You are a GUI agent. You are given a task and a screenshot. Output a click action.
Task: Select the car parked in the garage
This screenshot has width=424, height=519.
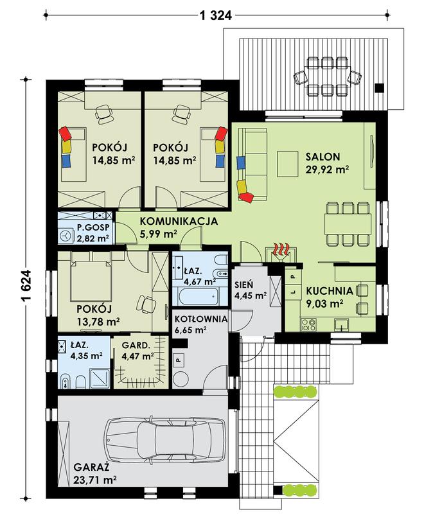pos(165,442)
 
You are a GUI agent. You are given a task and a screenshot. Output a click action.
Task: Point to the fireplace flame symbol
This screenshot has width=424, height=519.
pos(279,250)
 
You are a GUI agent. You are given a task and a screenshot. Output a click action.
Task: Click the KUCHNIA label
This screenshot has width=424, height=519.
pos(330,290)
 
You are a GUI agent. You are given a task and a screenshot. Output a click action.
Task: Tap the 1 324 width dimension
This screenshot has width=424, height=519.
pos(216,13)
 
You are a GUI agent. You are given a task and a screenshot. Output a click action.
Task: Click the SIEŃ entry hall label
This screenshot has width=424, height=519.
pos(243,283)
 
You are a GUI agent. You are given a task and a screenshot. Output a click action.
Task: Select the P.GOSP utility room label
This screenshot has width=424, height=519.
pos(93,228)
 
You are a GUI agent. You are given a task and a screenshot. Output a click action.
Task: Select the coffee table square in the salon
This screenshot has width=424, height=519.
pos(287,161)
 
